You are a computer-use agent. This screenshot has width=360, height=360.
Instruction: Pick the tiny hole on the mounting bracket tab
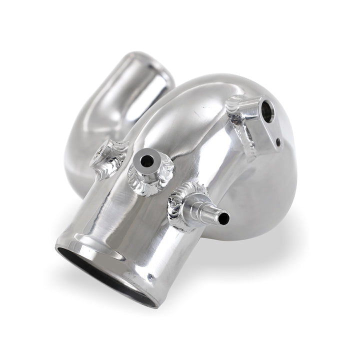coord(278,142)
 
